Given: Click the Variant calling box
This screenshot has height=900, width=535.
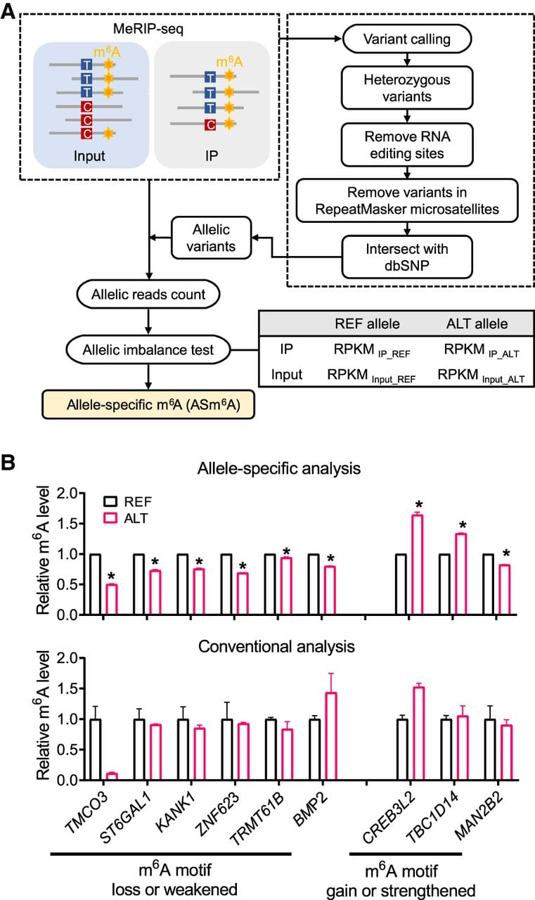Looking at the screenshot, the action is pos(406,39).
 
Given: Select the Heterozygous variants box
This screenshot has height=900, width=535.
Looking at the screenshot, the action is pos(407,88).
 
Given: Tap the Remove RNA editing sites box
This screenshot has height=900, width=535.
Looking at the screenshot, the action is pos(407,145).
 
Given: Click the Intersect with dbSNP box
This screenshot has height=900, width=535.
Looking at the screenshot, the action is pos(407,257).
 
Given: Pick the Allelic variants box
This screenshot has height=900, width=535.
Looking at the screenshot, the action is pos(212,238).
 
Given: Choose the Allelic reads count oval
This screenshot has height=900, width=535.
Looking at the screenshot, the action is pos(148,294).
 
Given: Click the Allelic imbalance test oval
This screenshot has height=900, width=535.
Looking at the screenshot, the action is pos(148,349).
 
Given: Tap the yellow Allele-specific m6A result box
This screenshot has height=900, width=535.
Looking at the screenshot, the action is pos(148,404).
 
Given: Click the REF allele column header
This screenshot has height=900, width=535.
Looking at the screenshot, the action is pos(367,324).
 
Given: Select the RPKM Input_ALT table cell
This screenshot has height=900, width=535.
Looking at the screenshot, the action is pos(481,375).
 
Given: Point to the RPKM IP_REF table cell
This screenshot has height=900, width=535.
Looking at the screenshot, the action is pos(371,350).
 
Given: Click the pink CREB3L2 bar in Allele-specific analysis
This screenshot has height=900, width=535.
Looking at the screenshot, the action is pos(418,565).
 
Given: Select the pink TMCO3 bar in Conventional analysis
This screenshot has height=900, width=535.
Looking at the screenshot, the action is pos(112,776).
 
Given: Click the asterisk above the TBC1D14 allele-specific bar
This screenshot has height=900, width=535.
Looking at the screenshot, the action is pos(463,525).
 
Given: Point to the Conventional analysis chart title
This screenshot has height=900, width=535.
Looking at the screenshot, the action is pos(276,646).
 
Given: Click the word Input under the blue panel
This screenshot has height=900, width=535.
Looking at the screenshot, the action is pos(89,156).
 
